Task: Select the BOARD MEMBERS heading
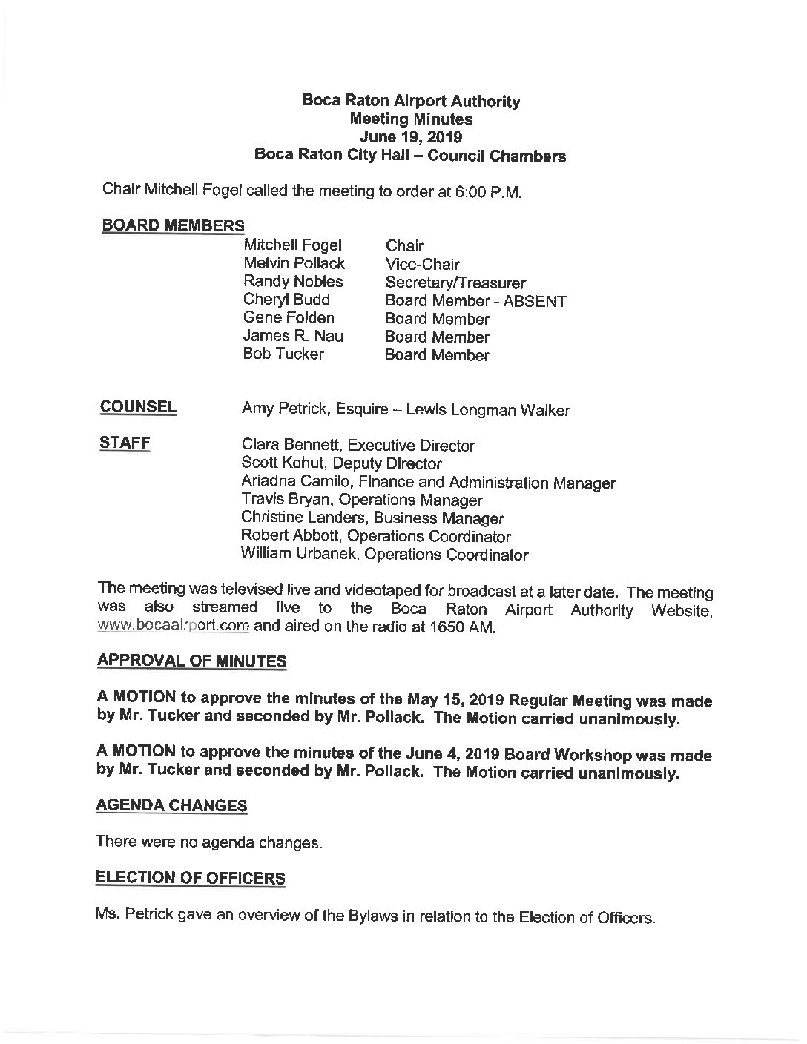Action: [173, 225]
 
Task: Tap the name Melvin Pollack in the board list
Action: [294, 263]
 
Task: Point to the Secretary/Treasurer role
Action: [455, 283]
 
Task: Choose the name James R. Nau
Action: [293, 336]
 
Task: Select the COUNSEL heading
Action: [139, 407]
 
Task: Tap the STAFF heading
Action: [125, 443]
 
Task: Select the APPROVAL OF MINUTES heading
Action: [191, 661]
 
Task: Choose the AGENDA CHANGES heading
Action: [171, 805]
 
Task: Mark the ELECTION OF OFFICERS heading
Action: [191, 878]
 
